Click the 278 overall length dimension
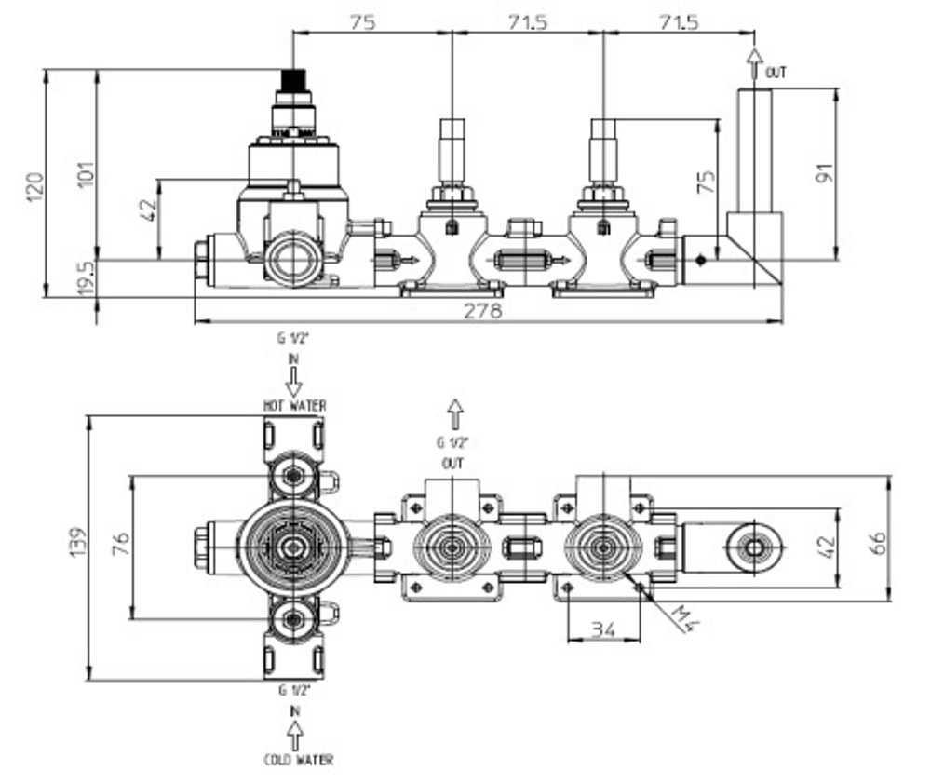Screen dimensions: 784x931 coord(482,311)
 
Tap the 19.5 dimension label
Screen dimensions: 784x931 coord(86,278)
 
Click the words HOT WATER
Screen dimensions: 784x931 coord(294,406)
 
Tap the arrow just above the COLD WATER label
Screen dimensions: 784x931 coord(295,737)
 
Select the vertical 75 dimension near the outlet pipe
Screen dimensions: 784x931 coord(707,182)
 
